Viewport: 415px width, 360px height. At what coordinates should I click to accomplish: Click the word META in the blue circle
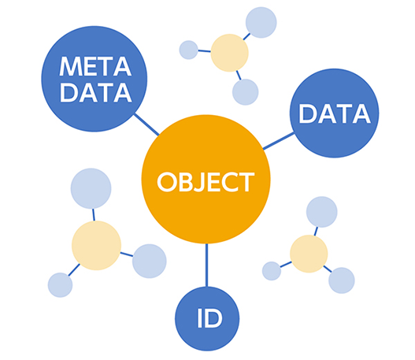tap(95, 66)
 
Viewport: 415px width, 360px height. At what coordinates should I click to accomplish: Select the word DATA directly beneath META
tap(96, 93)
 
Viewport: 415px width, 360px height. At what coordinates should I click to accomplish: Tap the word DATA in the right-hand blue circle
tap(335, 113)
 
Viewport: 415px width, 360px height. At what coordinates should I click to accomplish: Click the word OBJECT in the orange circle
tap(206, 182)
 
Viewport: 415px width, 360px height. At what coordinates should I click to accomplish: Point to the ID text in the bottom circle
tap(209, 318)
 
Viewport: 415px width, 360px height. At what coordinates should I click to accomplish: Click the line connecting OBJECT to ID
tap(206, 265)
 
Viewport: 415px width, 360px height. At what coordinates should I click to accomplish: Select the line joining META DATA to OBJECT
tap(146, 124)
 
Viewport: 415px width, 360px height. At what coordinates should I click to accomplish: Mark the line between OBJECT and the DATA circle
tap(278, 141)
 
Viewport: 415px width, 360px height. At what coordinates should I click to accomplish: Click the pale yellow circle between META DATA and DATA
tap(229, 53)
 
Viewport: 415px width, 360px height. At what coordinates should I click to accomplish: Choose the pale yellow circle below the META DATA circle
tap(96, 245)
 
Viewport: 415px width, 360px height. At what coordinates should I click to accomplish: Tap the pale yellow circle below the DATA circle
tap(309, 254)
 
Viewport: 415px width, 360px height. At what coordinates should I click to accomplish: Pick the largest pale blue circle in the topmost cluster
tap(261, 23)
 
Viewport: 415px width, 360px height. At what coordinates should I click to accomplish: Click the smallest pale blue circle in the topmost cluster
tap(188, 50)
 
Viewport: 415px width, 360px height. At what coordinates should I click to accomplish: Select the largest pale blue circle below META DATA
tap(91, 188)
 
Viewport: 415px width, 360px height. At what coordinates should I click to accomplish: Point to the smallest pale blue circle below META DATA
tap(60, 285)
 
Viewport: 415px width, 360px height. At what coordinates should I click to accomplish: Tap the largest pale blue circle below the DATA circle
tap(321, 212)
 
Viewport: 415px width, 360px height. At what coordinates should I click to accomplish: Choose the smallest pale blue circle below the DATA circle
tap(272, 271)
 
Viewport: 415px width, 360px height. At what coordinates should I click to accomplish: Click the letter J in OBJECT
tap(201, 182)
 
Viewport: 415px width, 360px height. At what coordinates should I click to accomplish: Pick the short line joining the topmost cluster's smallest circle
tap(204, 51)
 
